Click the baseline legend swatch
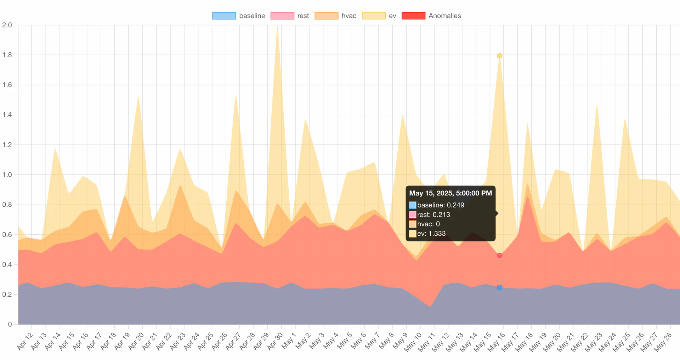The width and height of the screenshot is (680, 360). click(224, 16)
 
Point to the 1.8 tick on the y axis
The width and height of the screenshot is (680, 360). click(7, 55)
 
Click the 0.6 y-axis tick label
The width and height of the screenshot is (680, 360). click(7, 235)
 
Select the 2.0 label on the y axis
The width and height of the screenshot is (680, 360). click(7, 25)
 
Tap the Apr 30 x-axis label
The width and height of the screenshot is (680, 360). click(275, 341)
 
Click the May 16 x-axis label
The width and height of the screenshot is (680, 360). click(497, 342)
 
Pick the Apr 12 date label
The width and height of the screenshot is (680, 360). click(25, 341)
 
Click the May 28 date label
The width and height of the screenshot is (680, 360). click(663, 342)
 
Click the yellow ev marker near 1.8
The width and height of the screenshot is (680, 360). click(499, 56)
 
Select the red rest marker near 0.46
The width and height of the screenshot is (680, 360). click(499, 255)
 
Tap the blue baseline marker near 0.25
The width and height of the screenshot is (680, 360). click(499, 287)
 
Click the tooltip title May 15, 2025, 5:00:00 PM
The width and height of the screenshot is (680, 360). click(450, 193)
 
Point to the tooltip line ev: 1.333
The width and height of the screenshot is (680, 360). click(431, 234)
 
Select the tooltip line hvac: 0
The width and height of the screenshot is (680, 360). click(428, 224)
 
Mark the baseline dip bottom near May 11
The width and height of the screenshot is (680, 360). click(430, 306)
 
